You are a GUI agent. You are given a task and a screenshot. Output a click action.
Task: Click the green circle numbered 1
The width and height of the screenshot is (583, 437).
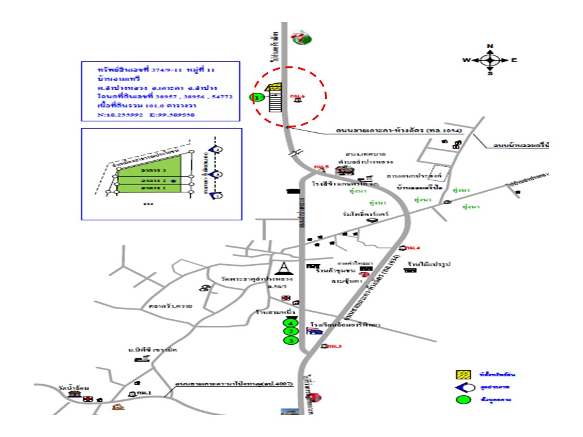point(257,97)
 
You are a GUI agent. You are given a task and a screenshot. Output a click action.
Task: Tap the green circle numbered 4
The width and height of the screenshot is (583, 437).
point(291,324)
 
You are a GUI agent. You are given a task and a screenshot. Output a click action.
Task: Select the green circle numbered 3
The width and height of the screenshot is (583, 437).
point(291,341)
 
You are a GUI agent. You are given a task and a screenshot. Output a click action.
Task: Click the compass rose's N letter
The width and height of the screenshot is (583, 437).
point(491,47)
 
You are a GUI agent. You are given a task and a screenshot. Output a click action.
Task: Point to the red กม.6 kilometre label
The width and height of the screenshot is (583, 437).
point(298,96)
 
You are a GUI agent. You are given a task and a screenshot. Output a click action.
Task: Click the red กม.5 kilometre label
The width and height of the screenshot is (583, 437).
point(321,166)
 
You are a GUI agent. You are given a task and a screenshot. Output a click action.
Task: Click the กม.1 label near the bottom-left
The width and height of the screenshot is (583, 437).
point(144,393)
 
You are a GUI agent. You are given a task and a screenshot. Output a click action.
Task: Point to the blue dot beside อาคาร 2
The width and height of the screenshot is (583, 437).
point(174,181)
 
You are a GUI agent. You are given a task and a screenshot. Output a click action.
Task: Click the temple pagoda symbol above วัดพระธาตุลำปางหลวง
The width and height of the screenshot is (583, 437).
point(284,267)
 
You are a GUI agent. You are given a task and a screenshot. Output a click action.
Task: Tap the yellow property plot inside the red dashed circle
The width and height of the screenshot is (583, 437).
point(274,89)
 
